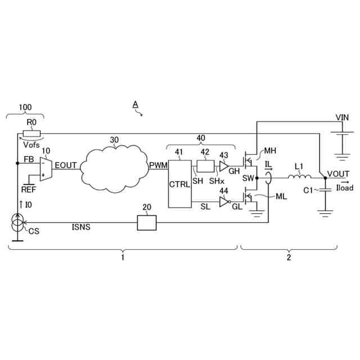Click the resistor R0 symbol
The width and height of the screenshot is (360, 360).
tap(32, 133)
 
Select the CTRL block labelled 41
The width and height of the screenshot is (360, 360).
tap(180, 184)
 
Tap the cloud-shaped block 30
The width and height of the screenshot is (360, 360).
tap(114, 168)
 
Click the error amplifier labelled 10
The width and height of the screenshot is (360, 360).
tap(46, 169)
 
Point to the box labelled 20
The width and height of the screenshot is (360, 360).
tap(147, 223)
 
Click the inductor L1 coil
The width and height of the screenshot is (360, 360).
tap(300, 177)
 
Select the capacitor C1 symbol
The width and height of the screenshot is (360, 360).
tap(325, 190)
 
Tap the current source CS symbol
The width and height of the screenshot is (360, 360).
tap(17, 222)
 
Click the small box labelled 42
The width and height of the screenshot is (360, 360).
tap(205, 166)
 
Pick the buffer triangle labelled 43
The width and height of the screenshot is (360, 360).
tap(224, 166)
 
